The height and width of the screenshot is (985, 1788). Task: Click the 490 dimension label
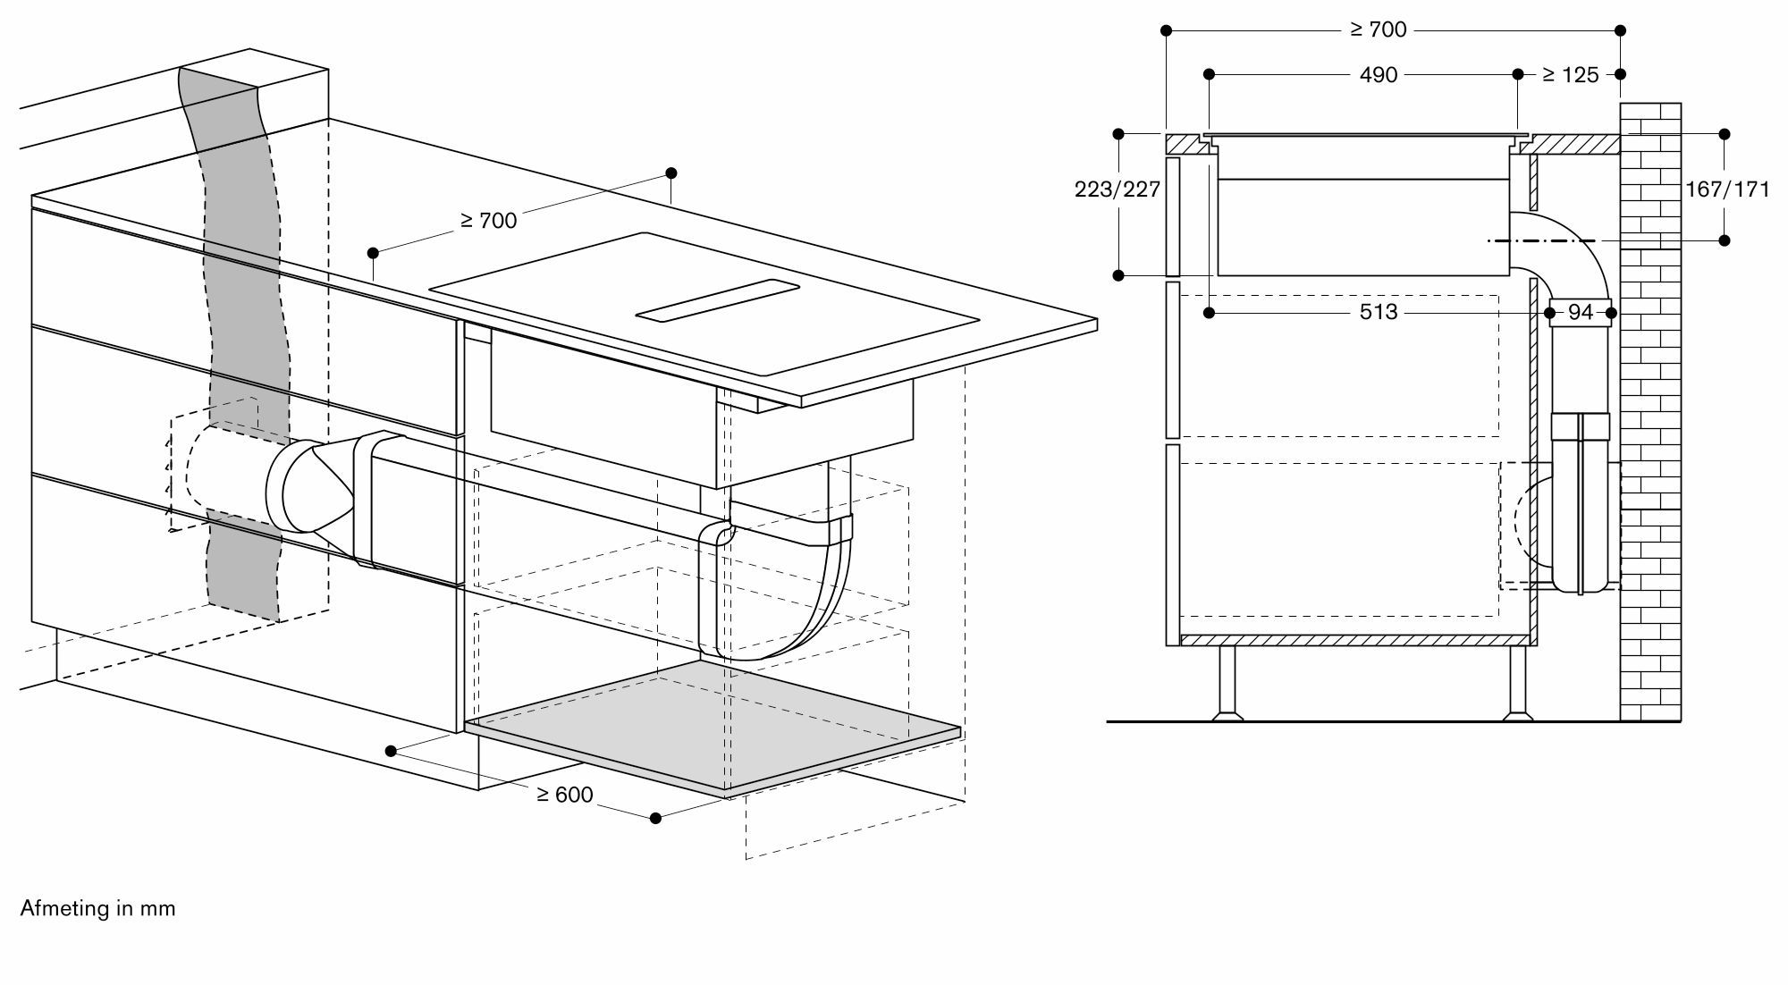(1378, 75)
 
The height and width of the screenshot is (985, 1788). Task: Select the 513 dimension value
(1378, 312)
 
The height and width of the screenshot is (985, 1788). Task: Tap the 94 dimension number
(1581, 312)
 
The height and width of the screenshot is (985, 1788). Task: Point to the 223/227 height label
(1117, 189)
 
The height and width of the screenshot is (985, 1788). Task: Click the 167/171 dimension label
(1726, 189)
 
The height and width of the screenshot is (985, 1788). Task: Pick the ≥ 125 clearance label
(1570, 75)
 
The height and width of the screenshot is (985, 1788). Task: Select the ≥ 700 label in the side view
(1378, 30)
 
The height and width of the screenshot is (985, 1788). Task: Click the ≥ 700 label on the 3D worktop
(488, 220)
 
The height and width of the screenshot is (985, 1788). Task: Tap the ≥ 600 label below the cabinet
(564, 795)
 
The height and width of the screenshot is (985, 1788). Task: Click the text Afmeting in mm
(97, 909)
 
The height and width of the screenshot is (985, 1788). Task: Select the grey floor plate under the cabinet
(715, 724)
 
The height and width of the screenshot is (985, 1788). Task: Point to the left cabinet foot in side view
(1227, 684)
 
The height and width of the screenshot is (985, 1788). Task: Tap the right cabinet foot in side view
(1518, 684)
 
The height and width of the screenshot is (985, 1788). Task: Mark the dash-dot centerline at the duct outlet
(1542, 240)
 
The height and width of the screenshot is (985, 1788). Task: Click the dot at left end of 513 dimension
(1210, 313)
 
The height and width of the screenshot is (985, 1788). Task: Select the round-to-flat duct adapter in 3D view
(313, 487)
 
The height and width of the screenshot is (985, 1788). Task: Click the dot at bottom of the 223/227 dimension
(1118, 276)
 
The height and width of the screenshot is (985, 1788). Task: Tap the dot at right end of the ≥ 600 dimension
(655, 818)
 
